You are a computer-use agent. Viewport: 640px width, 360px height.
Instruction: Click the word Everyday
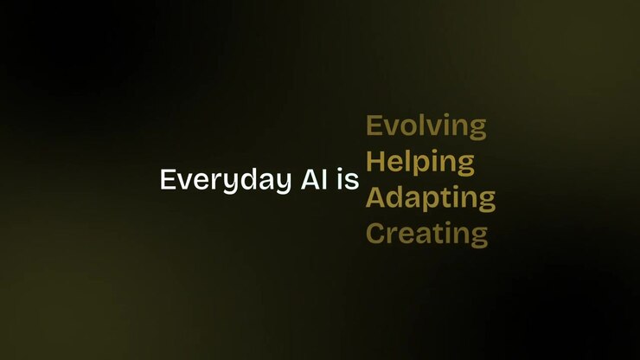226,181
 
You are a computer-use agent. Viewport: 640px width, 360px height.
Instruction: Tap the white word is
348,179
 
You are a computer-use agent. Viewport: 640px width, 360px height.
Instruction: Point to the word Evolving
426,126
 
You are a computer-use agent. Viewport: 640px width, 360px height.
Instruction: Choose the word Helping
420,162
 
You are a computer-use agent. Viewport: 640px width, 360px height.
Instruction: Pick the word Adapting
431,198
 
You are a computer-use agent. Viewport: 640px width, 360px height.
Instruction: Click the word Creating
427,235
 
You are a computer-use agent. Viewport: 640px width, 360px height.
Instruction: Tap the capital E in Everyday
168,179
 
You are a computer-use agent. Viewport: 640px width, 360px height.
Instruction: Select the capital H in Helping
375,161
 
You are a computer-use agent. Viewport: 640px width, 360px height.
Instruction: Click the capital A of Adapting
376,197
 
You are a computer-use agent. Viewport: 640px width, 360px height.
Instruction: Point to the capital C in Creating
376,233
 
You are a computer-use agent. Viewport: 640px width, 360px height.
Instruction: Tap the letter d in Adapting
396,196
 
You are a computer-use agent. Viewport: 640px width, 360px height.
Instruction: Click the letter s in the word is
352,183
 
